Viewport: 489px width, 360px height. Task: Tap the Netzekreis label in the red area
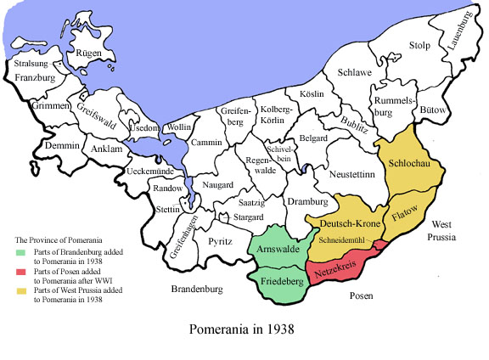coord(336,273)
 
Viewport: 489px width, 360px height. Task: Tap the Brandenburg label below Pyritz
coord(196,290)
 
